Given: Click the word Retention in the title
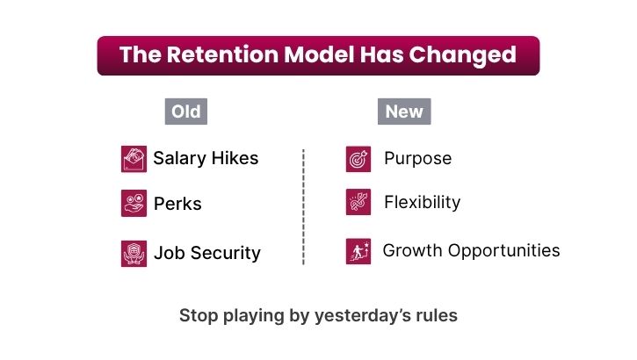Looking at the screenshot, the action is click(222, 54).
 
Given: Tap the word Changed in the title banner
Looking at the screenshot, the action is click(462, 55).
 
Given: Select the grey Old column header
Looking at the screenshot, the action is click(186, 112).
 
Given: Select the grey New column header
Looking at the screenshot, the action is click(404, 112).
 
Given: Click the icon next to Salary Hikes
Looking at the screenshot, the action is click(134, 159).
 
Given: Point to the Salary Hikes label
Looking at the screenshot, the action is click(206, 158).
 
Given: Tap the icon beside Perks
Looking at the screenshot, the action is click(134, 204).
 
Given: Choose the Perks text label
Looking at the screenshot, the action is click(177, 204).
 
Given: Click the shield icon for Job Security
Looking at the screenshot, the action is click(134, 254).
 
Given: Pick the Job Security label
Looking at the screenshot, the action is click(207, 253).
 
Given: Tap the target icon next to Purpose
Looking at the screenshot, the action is click(358, 159).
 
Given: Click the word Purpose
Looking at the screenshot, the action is click(417, 158).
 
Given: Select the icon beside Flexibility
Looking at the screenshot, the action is click(358, 202).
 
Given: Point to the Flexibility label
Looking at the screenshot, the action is click(422, 202).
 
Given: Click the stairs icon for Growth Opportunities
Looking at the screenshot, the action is click(358, 252).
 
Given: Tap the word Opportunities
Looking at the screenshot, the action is click(503, 251).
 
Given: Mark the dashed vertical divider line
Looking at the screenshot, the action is click(303, 207).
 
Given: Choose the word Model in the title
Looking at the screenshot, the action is click(319, 54).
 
